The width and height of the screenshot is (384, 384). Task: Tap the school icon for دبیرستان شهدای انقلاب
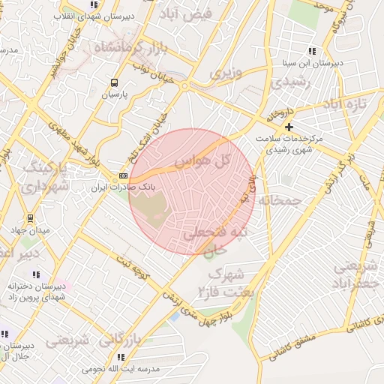(93, 4)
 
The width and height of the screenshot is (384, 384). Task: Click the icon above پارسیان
(114, 83)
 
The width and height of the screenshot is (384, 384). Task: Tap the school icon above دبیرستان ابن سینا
(312, 52)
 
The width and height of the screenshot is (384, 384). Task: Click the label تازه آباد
(350, 103)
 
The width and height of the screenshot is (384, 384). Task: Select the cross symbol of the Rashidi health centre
(289, 127)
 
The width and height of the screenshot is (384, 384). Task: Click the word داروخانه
(277, 115)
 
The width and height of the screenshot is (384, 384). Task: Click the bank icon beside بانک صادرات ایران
(123, 175)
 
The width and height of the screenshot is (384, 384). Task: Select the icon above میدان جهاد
(29, 218)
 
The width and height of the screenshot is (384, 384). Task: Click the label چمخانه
(280, 200)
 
